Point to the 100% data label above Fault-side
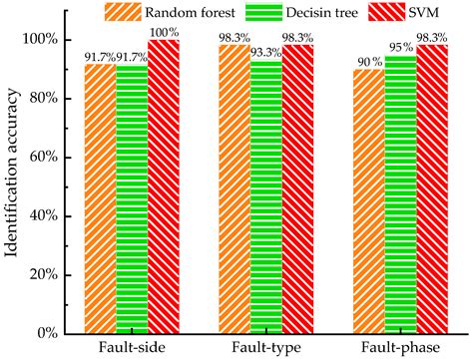[x=166, y=33]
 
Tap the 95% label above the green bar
[x=400, y=48]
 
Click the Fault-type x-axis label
[x=265, y=347]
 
